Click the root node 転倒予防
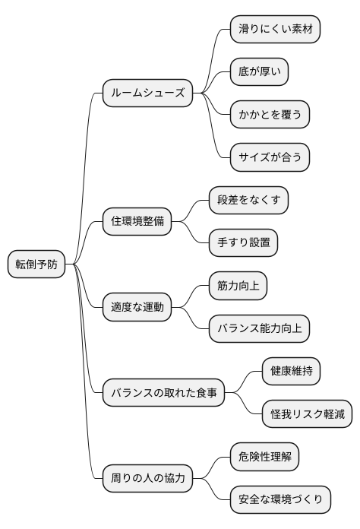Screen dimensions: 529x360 point(36,264)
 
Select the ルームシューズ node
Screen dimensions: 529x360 point(148,93)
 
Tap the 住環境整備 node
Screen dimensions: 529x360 point(137,222)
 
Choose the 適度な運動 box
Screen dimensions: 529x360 point(137,308)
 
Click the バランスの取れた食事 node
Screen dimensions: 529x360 point(164,393)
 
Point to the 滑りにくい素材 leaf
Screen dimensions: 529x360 point(276,29)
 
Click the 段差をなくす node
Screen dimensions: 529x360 point(249,201)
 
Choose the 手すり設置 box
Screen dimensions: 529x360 point(244,243)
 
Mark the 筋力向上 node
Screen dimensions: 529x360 point(238,286)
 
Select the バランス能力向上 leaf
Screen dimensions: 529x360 point(260,329)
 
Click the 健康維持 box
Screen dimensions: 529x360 point(291,372)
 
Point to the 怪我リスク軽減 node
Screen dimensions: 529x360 point(307,414)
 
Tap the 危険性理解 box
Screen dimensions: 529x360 point(264,457)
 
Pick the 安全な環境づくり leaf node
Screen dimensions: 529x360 point(281,500)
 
